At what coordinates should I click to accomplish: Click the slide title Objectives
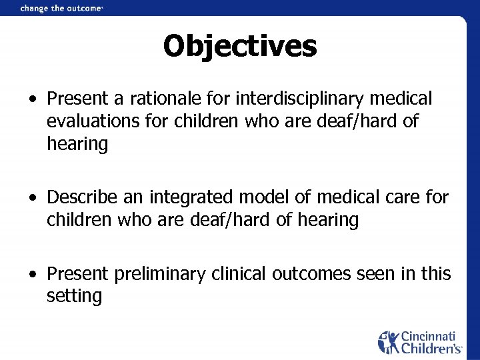[240, 46]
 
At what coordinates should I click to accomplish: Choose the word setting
[74, 297]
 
